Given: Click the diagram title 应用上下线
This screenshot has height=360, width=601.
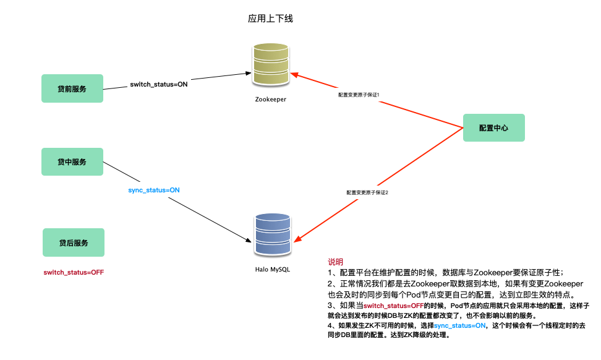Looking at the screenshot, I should coord(270,19).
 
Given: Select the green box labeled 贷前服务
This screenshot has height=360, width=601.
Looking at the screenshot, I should coord(72,89).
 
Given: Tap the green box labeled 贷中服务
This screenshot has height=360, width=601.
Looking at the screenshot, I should coord(72,162).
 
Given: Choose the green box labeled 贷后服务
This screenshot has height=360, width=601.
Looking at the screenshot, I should coord(74,242).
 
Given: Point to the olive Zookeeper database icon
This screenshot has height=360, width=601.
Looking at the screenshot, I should coord(270,65).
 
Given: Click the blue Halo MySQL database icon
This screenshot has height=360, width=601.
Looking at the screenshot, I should coord(272,234).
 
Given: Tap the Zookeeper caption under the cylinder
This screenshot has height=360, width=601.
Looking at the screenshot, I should coord(270,99).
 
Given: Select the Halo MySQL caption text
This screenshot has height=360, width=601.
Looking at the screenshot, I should coord(272,270).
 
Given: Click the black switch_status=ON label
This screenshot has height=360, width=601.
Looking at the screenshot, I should coord(159,84).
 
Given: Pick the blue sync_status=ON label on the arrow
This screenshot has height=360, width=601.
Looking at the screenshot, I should coord(154,190).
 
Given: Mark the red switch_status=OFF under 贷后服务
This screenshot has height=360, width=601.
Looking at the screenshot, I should coord(74,272).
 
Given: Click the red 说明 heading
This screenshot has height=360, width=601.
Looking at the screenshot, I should coord(335,262).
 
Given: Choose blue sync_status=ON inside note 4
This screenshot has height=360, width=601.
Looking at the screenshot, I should coord(460,325).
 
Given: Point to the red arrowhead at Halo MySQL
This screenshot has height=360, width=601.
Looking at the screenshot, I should coord(296,241).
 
